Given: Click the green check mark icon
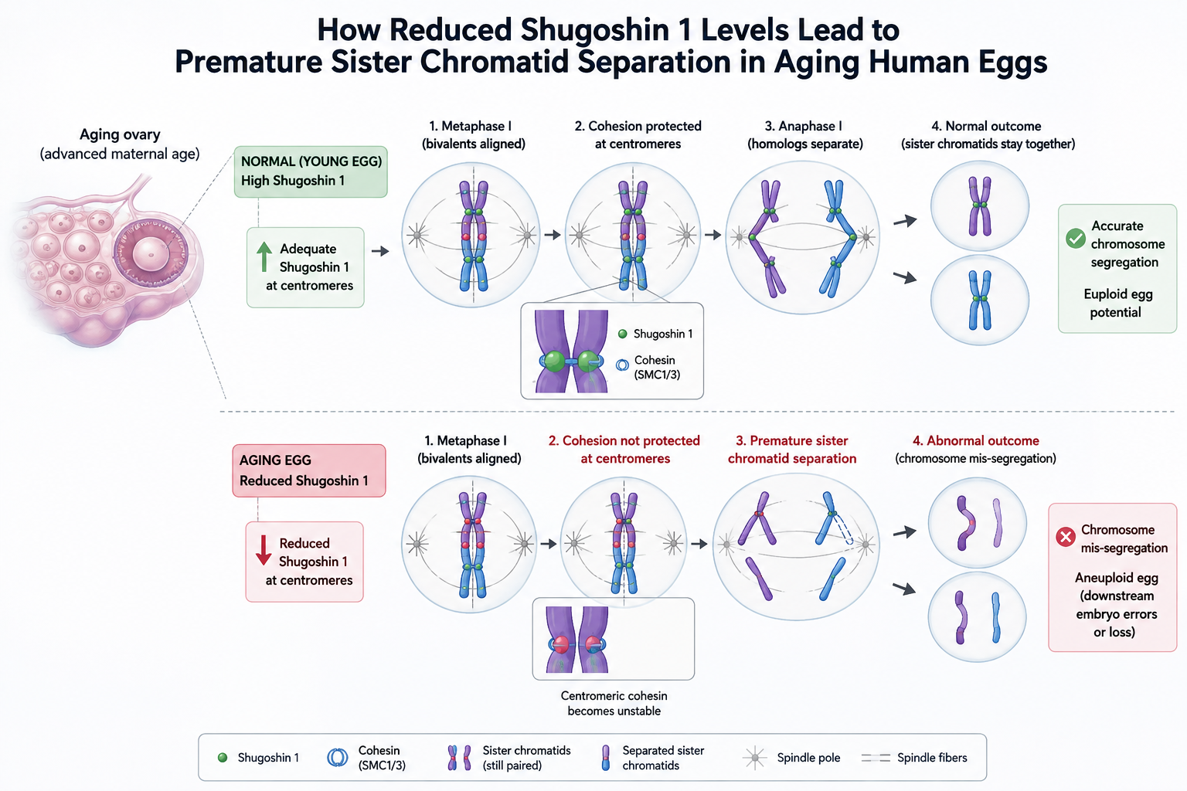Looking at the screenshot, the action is [x=1076, y=239].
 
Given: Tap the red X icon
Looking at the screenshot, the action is [x=1065, y=537].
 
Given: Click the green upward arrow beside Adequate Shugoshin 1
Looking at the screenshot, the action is [x=264, y=257].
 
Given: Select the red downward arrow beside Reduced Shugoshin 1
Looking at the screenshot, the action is [x=264, y=551].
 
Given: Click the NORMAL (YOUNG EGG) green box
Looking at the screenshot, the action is [x=311, y=171].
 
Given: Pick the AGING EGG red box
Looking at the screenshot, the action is [x=309, y=470].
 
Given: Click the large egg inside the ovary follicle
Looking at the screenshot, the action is [x=151, y=253].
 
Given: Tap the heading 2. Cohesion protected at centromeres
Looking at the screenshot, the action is [x=638, y=134].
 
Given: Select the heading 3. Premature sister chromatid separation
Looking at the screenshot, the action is [x=792, y=450].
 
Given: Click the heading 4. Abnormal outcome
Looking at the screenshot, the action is [x=975, y=440].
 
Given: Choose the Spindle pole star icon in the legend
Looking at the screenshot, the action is [x=755, y=758].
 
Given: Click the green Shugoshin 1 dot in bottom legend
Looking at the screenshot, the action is [x=223, y=758].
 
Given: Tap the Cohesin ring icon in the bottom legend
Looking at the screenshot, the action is [x=337, y=758].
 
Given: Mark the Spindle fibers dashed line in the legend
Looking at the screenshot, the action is [x=876, y=758].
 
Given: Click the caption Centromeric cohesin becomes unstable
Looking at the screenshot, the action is [x=614, y=703].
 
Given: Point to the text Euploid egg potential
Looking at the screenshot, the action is [x=1117, y=303].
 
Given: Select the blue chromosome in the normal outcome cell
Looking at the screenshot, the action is [x=980, y=300].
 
